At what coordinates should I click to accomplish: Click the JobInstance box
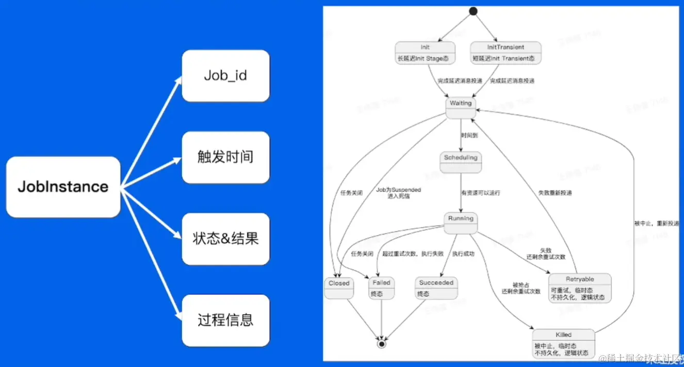[x=63, y=187]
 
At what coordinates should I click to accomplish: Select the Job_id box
[x=225, y=76]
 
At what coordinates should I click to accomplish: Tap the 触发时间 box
[x=225, y=157]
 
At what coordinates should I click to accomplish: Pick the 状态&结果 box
[x=225, y=239]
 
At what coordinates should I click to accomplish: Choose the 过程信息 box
[x=225, y=320]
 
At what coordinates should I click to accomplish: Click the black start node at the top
[x=473, y=11]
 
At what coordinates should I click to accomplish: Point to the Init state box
[x=426, y=53]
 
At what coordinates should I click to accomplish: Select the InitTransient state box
[x=506, y=53]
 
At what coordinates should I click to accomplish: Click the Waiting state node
[x=461, y=108]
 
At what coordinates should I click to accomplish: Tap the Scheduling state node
[x=461, y=162]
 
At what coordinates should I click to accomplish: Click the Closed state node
[x=339, y=288]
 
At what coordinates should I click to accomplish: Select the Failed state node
[x=381, y=288]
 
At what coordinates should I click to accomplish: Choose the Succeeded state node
[x=436, y=288]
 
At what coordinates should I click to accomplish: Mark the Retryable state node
[x=579, y=288]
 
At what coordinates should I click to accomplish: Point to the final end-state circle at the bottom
[x=381, y=343]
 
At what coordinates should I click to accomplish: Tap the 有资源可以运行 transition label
[x=480, y=193]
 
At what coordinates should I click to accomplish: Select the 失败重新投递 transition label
[x=555, y=193]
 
